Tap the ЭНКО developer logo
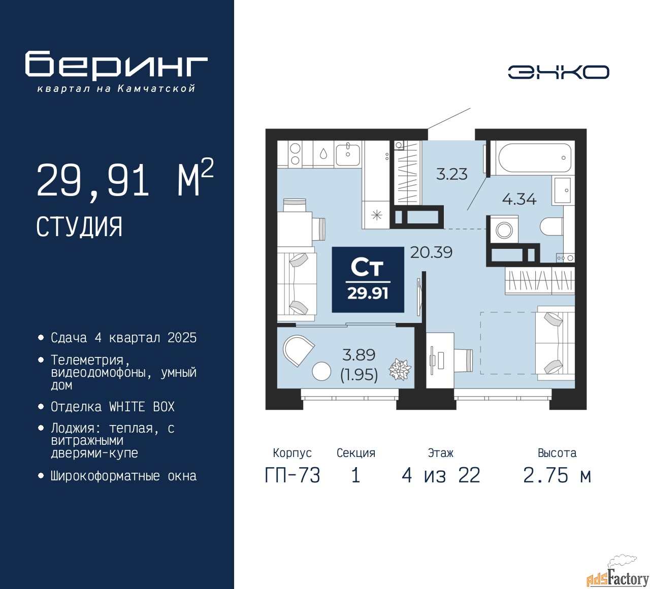tap(558, 72)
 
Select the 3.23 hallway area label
tap(451, 174)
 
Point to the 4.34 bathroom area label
tap(519, 199)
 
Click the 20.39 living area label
tap(431, 252)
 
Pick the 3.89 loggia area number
tap(359, 355)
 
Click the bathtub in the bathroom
tap(535, 158)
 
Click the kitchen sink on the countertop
tap(348, 154)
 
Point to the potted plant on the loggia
tap(400, 369)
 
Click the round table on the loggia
tap(321, 371)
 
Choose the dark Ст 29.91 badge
tap(368, 280)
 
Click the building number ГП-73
tap(292, 476)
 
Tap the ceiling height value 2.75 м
tap(557, 476)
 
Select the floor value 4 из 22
tap(441, 476)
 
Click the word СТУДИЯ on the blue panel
tap(79, 227)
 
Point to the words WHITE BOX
tap(142, 407)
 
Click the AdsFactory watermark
tap(617, 578)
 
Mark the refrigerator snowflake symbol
tap(377, 215)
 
